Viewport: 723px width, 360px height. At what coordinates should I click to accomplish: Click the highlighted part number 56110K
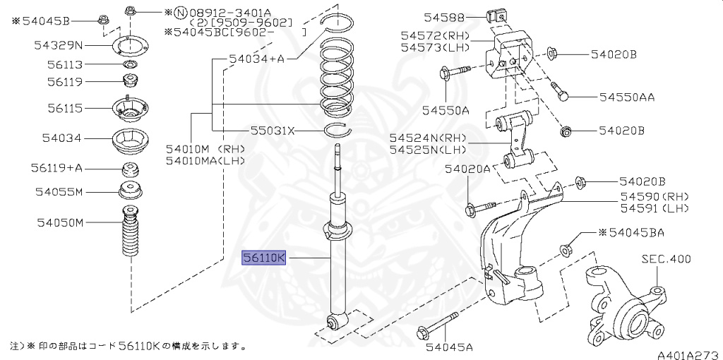[x=263, y=258]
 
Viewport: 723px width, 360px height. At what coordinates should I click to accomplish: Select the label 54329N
[x=59, y=46]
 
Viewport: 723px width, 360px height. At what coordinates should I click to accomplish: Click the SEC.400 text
[x=666, y=259]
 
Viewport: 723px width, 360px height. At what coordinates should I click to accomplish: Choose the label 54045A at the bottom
[x=448, y=347]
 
